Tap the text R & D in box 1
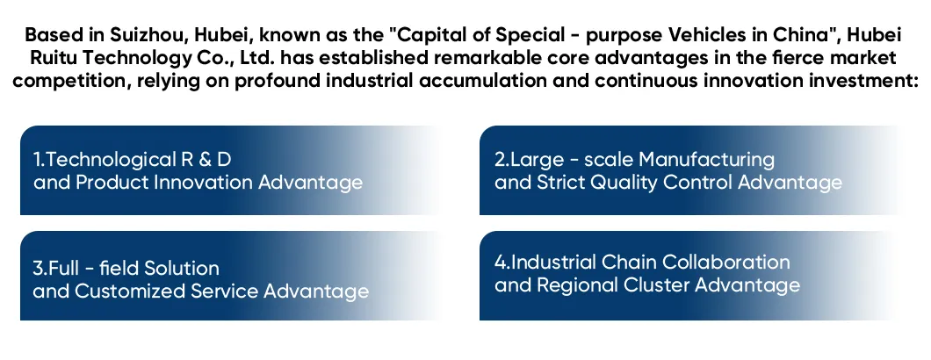pyautogui.click(x=205, y=160)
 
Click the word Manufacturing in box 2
pyautogui.click(x=707, y=160)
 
